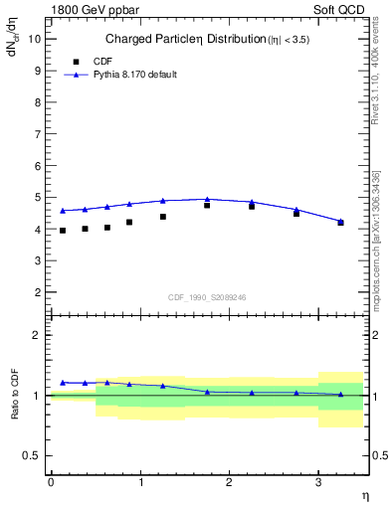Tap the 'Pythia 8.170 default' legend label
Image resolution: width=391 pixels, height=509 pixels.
point(134,75)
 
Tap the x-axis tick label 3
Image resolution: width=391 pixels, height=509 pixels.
point(317,482)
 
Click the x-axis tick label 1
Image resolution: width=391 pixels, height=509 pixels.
point(139,482)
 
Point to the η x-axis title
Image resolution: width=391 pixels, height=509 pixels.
point(364,496)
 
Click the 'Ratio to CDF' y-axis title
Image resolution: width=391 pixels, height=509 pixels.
point(16,395)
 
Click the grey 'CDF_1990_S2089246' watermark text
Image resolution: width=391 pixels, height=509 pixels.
point(208,296)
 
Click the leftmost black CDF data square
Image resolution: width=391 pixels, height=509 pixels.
point(63,231)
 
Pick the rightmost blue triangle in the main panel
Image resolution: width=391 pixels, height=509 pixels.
point(341,221)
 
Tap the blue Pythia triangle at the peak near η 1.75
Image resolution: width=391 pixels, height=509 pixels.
point(207,199)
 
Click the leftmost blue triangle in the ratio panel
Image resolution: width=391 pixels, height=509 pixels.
point(63,383)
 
